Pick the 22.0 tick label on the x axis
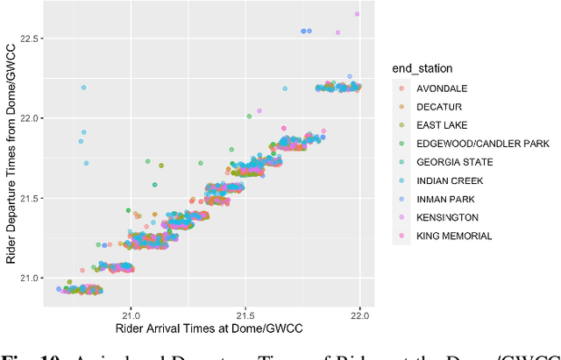[360, 314]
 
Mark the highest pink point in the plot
[357, 14]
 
